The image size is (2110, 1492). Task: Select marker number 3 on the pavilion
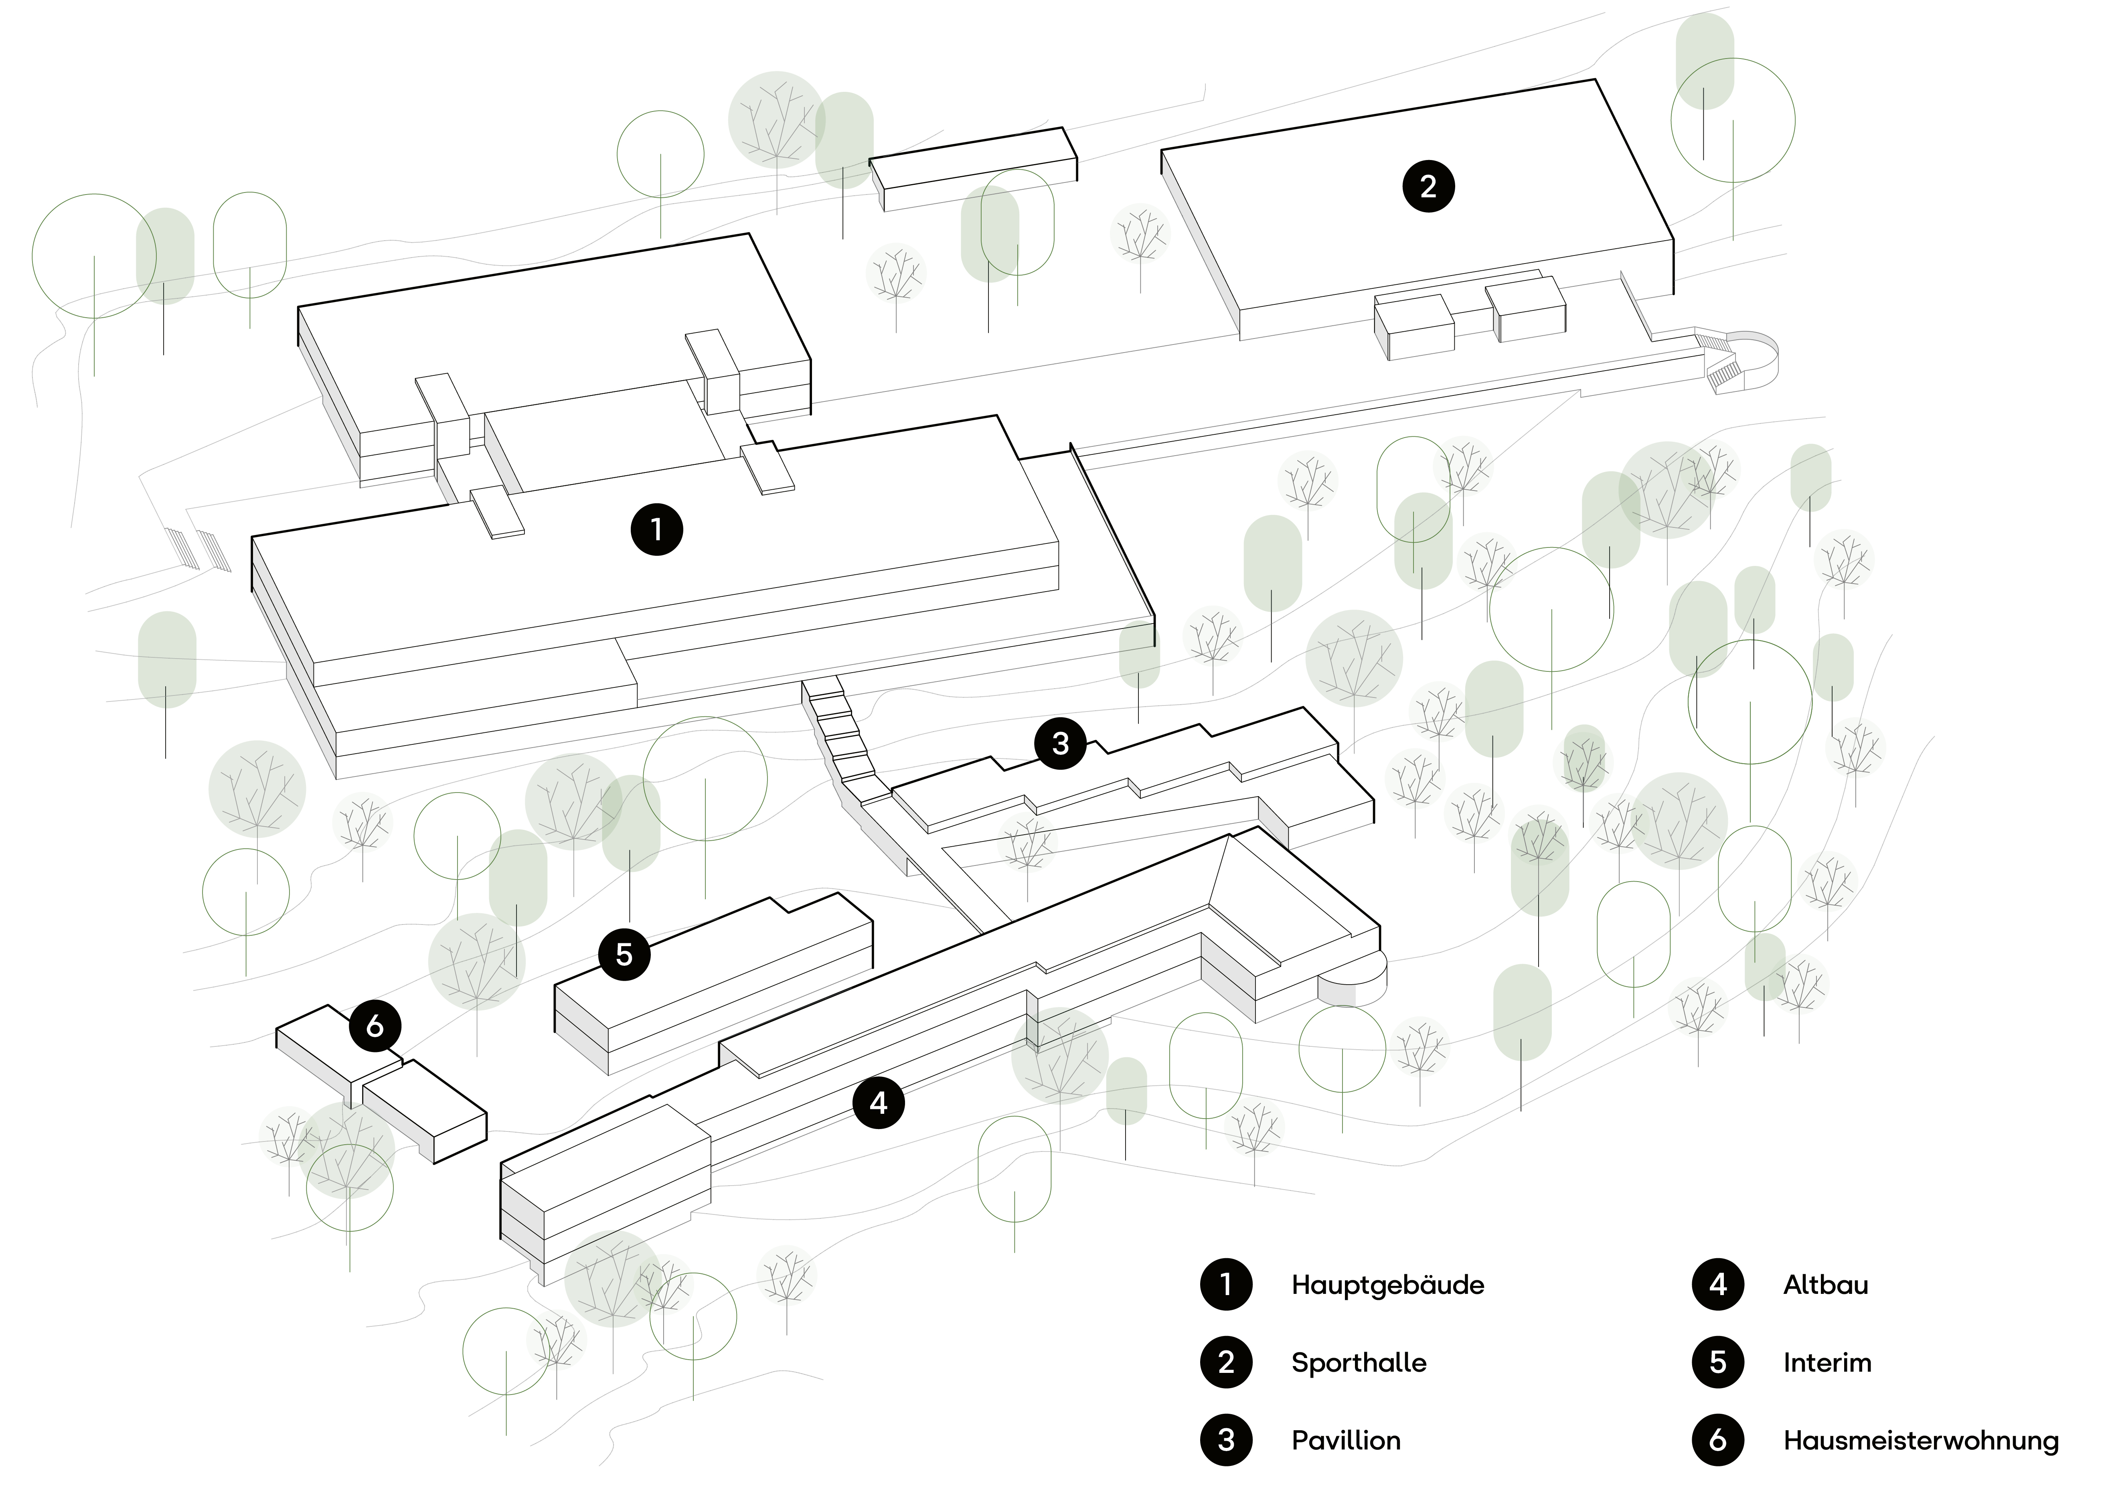click(1061, 742)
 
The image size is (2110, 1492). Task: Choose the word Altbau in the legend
click(1825, 1284)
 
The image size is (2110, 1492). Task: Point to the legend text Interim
click(1827, 1362)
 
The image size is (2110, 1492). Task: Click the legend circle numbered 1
click(1226, 1284)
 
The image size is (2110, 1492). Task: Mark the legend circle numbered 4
click(1717, 1284)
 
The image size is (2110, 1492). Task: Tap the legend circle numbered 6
click(1717, 1439)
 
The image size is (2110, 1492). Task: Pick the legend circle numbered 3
click(1226, 1439)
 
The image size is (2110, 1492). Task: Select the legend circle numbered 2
click(1226, 1362)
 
